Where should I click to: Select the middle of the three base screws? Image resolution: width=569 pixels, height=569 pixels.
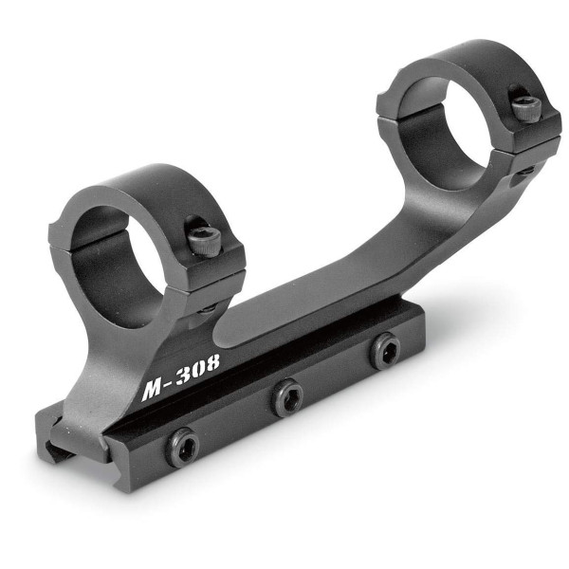[286, 395]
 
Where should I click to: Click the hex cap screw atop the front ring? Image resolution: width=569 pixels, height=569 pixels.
[202, 238]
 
